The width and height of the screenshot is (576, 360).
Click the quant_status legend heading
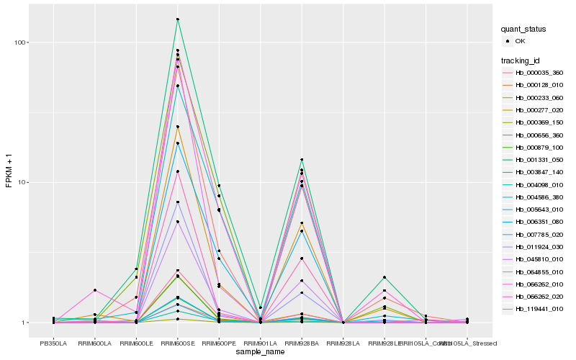[523, 29]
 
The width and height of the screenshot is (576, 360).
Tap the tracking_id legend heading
[521, 59]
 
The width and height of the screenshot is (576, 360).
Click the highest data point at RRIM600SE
[177, 19]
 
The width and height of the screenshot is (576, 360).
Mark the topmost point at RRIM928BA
[302, 160]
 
